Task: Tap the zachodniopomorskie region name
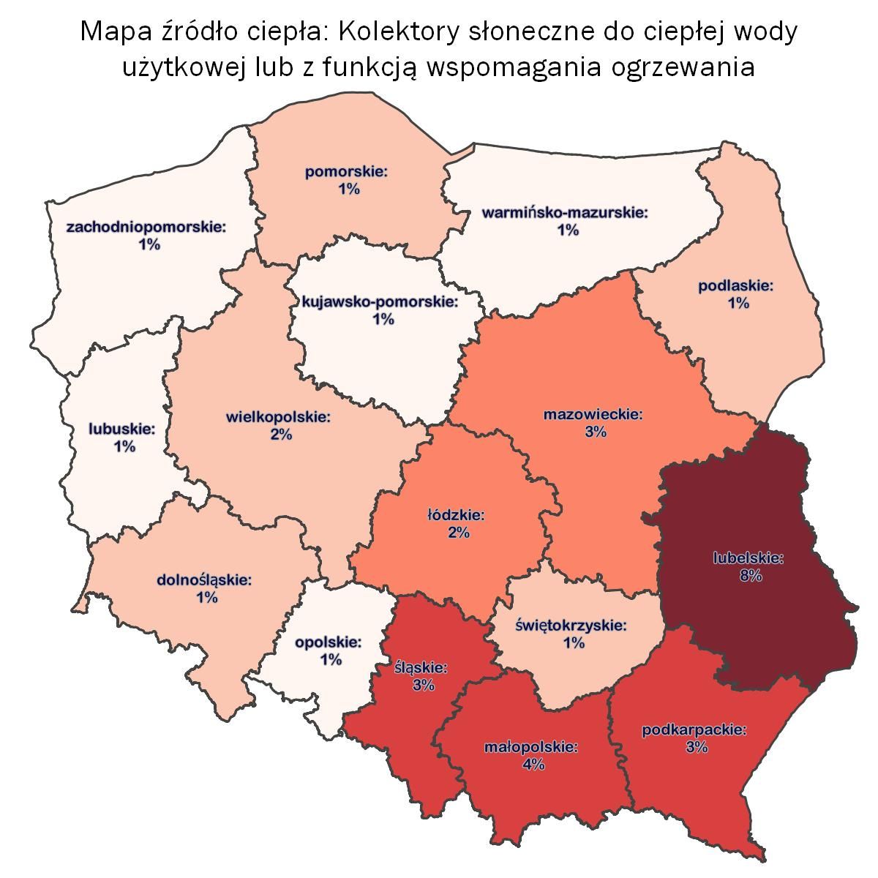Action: tap(146, 228)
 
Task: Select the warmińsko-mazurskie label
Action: tap(566, 214)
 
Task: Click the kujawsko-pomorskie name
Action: tap(380, 302)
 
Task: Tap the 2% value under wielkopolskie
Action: tap(281, 435)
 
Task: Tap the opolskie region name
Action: tap(329, 643)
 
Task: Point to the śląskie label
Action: tap(421, 668)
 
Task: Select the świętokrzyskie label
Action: tap(571, 626)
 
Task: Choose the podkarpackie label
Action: tap(694, 730)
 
